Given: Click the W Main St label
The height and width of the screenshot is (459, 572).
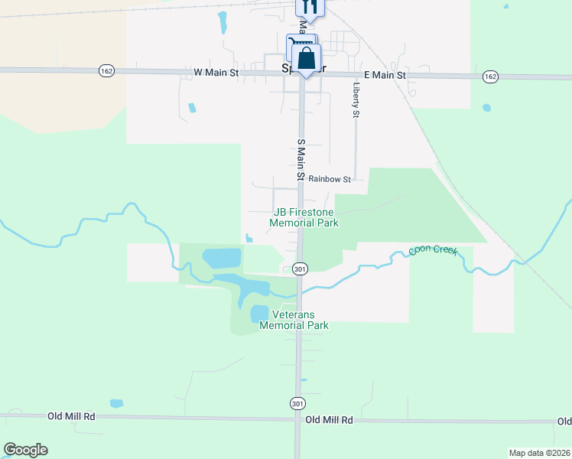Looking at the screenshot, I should click(x=216, y=73).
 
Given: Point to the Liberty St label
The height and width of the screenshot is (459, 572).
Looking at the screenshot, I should click(x=356, y=99).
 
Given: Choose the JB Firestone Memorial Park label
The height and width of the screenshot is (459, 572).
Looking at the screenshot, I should click(x=304, y=217).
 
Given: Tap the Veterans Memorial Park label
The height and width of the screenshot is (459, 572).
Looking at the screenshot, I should click(x=294, y=320).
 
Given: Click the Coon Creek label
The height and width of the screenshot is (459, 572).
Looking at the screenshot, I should click(x=432, y=250).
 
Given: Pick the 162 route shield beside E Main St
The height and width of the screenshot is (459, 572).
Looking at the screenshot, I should click(x=491, y=76).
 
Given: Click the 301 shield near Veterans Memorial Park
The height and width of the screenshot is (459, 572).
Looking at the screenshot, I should click(x=300, y=269).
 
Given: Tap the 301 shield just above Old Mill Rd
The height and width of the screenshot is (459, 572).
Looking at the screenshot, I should click(x=297, y=402).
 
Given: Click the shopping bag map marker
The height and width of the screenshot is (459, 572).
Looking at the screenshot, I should click(x=306, y=59).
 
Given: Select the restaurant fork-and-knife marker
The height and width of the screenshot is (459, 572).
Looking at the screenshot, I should click(x=310, y=6).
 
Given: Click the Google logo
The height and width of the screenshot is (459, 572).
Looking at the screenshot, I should click(x=25, y=450).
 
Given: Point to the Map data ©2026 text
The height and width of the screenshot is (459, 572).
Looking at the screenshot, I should click(x=538, y=453).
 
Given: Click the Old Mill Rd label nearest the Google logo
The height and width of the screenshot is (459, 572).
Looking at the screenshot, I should click(x=71, y=416).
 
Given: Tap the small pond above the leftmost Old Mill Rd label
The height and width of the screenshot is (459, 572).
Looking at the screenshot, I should click(x=116, y=403).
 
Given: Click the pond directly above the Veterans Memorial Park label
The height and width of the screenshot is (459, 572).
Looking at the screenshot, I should click(x=259, y=314).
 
